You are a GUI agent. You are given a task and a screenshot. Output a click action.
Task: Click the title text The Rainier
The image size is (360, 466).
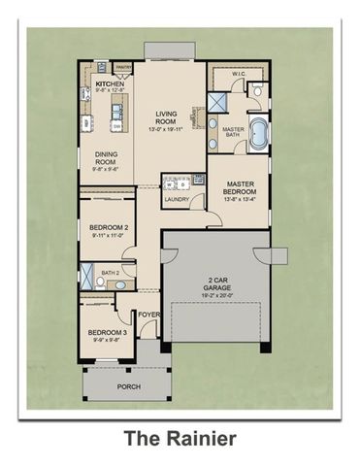tap(180, 440)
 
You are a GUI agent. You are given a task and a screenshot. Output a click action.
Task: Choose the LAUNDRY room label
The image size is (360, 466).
tap(177, 200)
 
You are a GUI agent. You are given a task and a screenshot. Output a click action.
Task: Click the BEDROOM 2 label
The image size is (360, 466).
tap(108, 228)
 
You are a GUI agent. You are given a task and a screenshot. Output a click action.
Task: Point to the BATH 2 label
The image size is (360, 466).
tap(110, 274)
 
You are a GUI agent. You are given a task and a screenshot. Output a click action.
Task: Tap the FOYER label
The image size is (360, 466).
tap(148, 314)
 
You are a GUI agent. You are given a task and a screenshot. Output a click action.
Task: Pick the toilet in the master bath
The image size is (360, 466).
tap(257, 90)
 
